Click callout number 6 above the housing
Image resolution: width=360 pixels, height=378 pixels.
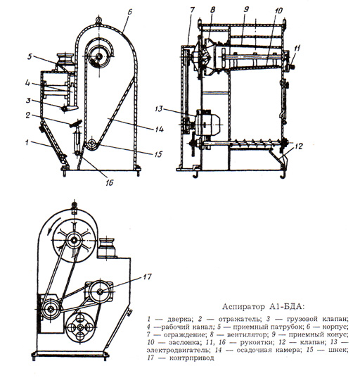tap(129, 12)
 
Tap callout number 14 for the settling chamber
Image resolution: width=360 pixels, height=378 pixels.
tap(159, 129)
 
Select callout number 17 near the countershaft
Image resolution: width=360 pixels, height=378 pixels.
tap(146, 277)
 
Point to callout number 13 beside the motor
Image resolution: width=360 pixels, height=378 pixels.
tap(159, 109)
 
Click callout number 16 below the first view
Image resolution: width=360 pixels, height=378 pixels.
tap(109, 183)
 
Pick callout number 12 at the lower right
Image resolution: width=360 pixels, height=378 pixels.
tap(298, 146)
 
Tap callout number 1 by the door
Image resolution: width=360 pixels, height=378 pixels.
tap(27, 142)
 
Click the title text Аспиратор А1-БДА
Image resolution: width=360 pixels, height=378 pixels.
tap(263, 307)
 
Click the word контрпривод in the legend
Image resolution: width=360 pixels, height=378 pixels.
tap(192, 358)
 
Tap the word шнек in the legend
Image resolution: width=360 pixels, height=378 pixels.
tap(339, 350)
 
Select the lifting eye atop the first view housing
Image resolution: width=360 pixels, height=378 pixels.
tap(98, 20)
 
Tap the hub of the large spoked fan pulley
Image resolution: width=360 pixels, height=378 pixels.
tap(73, 240)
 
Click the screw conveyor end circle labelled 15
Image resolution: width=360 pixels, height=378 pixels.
tap(91, 144)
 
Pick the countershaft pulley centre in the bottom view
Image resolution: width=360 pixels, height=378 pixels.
tap(100, 291)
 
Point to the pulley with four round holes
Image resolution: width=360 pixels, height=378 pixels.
tap(80, 327)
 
